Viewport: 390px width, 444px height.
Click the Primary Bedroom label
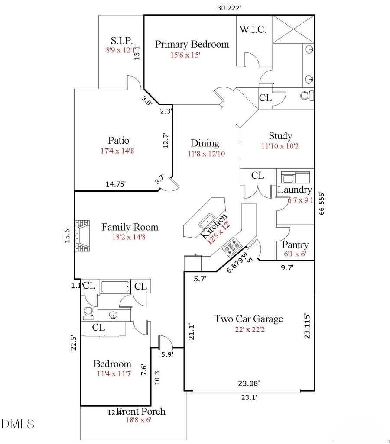[x=192, y=44]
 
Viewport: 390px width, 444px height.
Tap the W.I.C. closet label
[x=253, y=30]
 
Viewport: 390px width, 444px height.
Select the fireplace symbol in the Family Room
[x=82, y=236]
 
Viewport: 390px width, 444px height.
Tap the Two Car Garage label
[x=249, y=319]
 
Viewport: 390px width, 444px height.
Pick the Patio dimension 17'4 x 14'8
[x=118, y=151]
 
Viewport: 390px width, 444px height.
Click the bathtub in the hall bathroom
[x=115, y=286]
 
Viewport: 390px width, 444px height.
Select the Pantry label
[x=295, y=245]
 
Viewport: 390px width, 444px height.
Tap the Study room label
[x=280, y=136]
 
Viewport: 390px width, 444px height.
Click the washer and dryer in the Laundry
[x=296, y=177]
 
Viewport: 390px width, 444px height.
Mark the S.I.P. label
[x=121, y=41]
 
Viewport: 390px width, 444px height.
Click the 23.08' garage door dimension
[x=248, y=383]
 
